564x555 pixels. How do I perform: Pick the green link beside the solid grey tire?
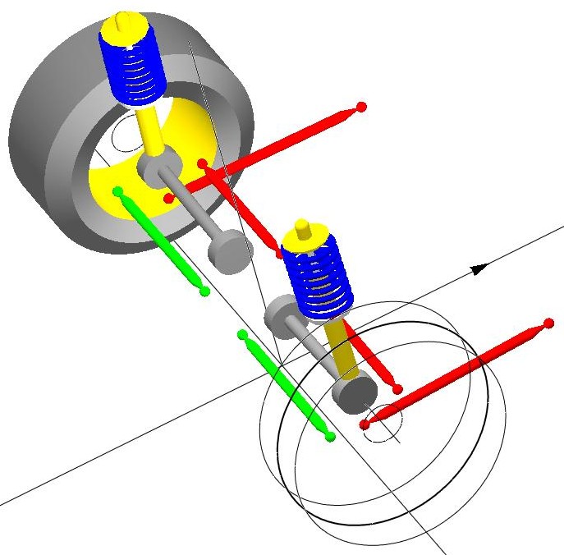point(162,241)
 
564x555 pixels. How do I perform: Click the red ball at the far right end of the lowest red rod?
point(549,325)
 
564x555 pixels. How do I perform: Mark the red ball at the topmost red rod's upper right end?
point(360,107)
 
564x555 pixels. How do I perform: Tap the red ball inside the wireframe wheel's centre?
point(365,424)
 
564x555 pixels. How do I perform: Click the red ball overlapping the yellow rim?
point(169,198)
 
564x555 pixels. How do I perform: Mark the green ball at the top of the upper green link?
point(118,192)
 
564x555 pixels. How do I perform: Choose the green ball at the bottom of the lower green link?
point(330,437)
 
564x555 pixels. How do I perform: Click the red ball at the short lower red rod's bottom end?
point(397,389)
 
